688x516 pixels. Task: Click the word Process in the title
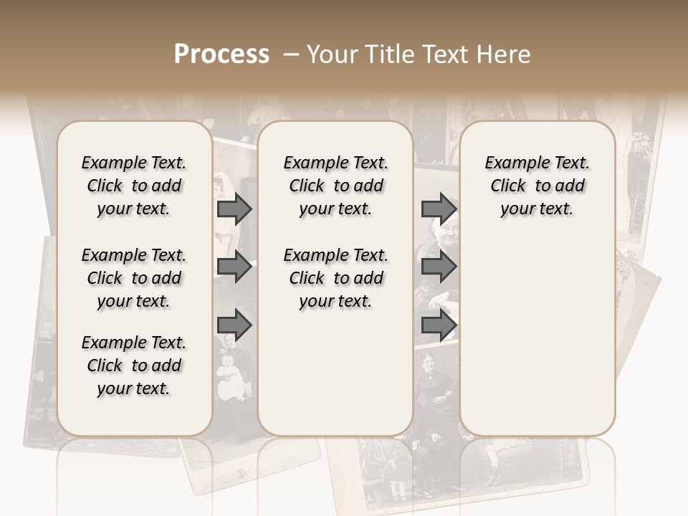(x=221, y=54)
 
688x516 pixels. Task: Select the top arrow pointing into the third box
(x=439, y=209)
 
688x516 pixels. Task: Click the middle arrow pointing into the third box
(x=439, y=267)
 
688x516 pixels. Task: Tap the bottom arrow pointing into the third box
(x=439, y=325)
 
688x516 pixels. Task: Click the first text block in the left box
(x=134, y=186)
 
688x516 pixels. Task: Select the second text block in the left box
(x=134, y=278)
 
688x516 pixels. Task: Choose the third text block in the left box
(x=134, y=365)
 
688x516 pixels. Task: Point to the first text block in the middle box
(x=335, y=186)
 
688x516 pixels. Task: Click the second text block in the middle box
(x=335, y=278)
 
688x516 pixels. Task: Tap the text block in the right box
(x=537, y=186)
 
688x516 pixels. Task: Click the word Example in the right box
(x=511, y=163)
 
